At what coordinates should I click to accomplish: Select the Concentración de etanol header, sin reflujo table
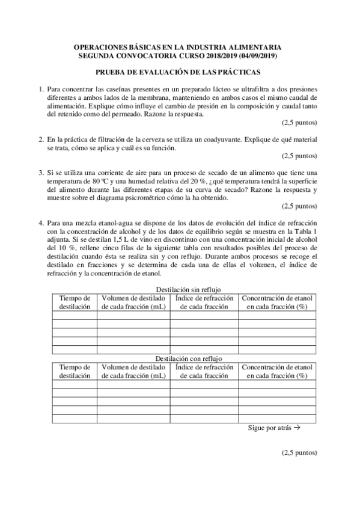tap(278, 302)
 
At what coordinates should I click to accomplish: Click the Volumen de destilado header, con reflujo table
tap(133, 370)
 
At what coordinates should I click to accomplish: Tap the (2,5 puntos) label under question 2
tap(299, 155)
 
